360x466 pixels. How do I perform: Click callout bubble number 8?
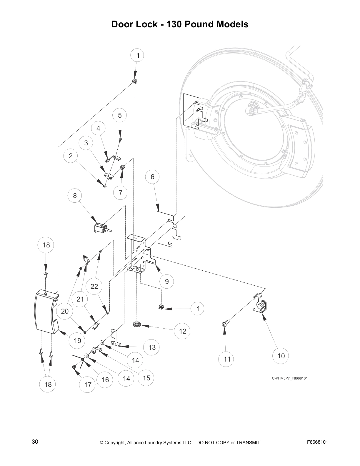point(75,196)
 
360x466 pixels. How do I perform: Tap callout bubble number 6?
point(152,177)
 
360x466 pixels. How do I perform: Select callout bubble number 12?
point(183,331)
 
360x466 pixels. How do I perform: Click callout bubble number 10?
point(281,356)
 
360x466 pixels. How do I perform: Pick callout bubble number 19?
point(77,341)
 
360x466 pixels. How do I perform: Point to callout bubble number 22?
point(94,286)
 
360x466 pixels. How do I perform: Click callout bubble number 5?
point(120,115)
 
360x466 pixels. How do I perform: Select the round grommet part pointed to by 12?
point(137,324)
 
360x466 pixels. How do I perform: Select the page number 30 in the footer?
point(35,442)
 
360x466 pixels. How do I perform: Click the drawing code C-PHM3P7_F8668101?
point(289,378)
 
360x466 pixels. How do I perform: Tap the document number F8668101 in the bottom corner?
point(317,442)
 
